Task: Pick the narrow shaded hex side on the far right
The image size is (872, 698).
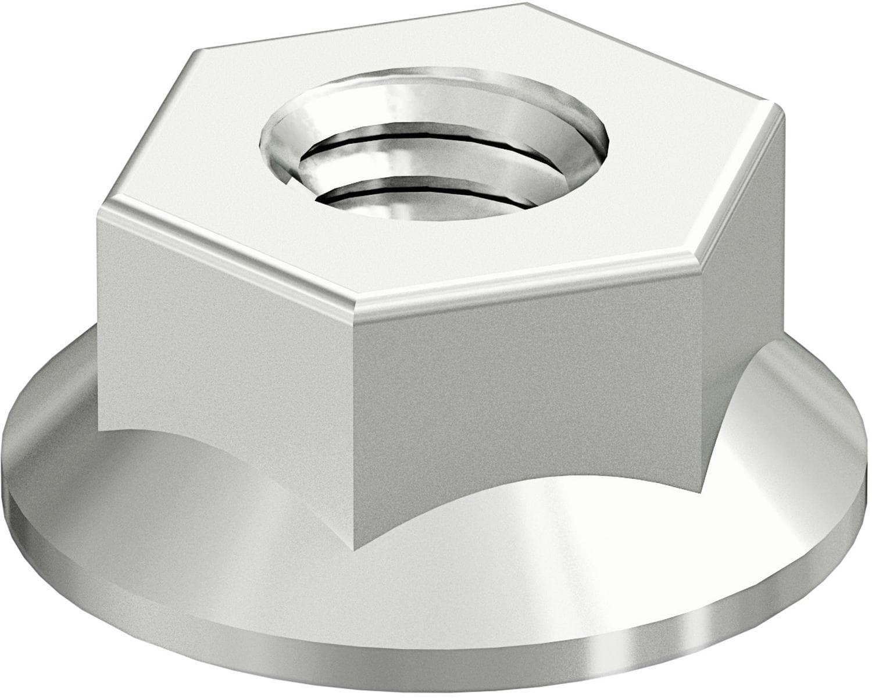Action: (x=744, y=325)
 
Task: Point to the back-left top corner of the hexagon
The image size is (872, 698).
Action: (x=195, y=51)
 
